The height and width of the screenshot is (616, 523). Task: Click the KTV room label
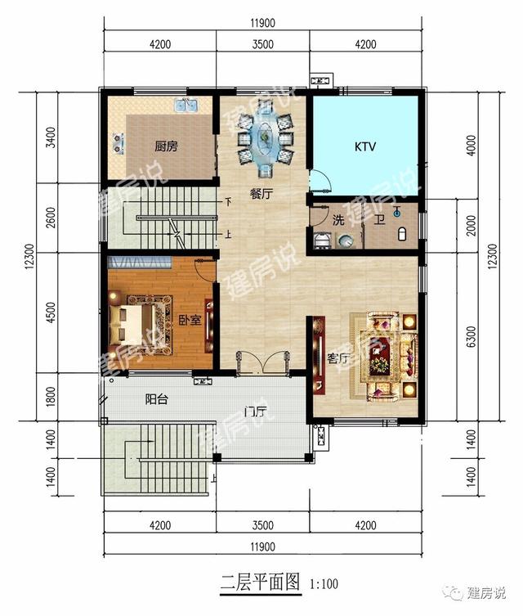pyautogui.click(x=365, y=147)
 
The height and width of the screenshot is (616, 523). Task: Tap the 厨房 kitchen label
pyautogui.click(x=166, y=146)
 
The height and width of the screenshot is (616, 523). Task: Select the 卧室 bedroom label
pyautogui.click(x=190, y=320)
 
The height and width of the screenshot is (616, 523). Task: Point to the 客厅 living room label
pyautogui.click(x=338, y=358)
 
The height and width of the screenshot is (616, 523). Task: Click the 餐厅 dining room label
pyautogui.click(x=261, y=194)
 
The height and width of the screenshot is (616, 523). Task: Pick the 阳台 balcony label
pyautogui.click(x=157, y=399)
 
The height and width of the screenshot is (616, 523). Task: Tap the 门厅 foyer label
pyautogui.click(x=256, y=412)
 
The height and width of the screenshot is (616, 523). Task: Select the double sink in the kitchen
pyautogui.click(x=186, y=105)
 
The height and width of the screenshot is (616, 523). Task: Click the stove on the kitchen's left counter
pyautogui.click(x=118, y=142)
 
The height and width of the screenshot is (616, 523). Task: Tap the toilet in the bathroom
pyautogui.click(x=401, y=234)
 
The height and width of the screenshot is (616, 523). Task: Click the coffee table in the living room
pyautogui.click(x=378, y=356)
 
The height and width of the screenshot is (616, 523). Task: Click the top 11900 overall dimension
pyautogui.click(x=263, y=23)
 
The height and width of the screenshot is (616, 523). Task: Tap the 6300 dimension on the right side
pyautogui.click(x=472, y=336)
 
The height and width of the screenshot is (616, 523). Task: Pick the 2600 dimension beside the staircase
pyautogui.click(x=51, y=218)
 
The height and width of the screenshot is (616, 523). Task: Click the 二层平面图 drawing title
pyautogui.click(x=260, y=582)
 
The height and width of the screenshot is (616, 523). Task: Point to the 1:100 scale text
pyautogui.click(x=324, y=584)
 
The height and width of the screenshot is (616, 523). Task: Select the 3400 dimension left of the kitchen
pyautogui.click(x=51, y=137)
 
